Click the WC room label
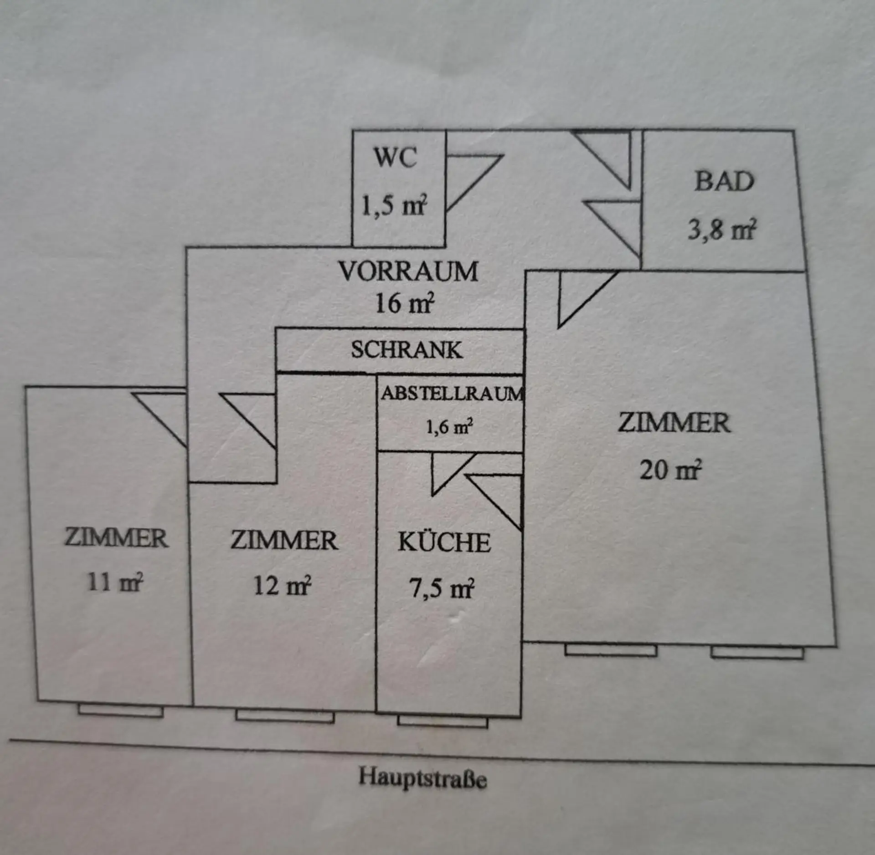click(x=395, y=157)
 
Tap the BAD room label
click(x=724, y=181)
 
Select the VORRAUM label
click(x=408, y=271)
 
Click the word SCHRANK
click(x=407, y=350)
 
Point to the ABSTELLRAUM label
click(x=453, y=394)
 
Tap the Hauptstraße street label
click(x=422, y=777)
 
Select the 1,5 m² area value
click(x=394, y=205)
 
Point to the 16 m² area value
click(x=404, y=302)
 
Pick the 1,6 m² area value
click(x=449, y=427)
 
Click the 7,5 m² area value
click(x=442, y=588)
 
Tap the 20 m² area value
click(x=670, y=469)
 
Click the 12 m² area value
click(x=282, y=585)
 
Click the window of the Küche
click(x=443, y=721)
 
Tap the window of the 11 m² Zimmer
click(x=120, y=711)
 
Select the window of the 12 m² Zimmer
click(x=285, y=716)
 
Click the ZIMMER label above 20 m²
click(x=674, y=422)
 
